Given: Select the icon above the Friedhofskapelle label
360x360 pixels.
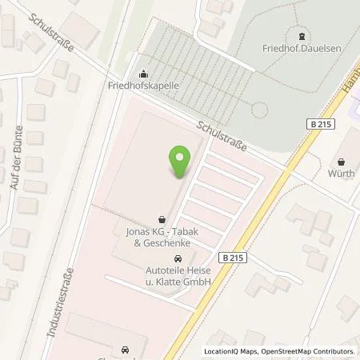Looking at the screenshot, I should pyautogui.click(x=143, y=72).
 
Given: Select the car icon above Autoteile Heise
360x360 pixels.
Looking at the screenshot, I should pyautogui.click(x=178, y=259).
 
